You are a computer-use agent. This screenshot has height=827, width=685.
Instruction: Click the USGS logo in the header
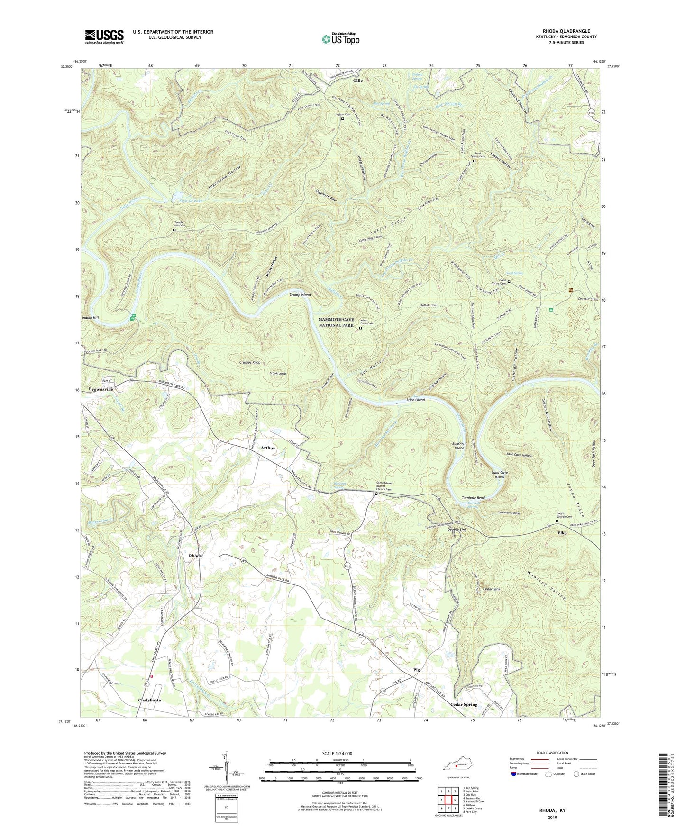click(x=104, y=36)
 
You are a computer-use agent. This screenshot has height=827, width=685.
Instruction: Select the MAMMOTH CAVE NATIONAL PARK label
click(x=336, y=323)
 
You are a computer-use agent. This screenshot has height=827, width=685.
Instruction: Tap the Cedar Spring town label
click(x=463, y=704)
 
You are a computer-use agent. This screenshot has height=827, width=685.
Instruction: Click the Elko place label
click(x=562, y=533)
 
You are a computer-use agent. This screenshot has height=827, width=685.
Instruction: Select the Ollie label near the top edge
click(x=357, y=81)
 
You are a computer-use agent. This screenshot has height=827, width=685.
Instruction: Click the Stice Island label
click(x=415, y=400)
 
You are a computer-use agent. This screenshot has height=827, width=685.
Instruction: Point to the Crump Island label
click(x=300, y=295)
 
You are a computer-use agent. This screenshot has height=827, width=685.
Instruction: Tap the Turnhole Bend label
click(x=473, y=498)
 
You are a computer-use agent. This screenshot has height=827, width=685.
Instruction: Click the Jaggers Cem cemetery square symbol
click(x=343, y=119)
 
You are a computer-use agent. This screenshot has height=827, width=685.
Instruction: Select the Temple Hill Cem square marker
click(x=174, y=230)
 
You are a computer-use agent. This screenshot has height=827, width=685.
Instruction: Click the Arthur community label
click(x=268, y=448)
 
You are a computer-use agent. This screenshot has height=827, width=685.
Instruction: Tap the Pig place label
click(x=417, y=670)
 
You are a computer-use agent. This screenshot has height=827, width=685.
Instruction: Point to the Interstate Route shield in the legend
click(x=514, y=773)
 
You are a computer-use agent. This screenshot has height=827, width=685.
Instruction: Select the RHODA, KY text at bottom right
click(x=552, y=810)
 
